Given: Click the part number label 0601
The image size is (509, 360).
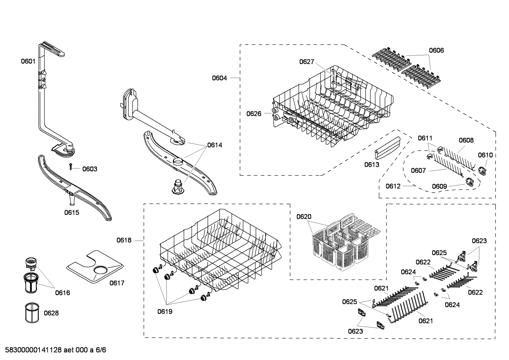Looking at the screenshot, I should [x=28, y=61].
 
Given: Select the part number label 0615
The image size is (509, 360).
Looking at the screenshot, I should [x=72, y=212].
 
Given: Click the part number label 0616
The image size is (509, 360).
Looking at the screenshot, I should [x=62, y=293].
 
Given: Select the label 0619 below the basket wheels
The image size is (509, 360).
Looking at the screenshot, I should [x=165, y=312].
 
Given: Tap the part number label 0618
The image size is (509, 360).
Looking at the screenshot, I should [x=124, y=240].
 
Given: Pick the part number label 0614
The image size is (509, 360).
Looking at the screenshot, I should [x=215, y=145].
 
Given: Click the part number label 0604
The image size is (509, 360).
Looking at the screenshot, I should [x=219, y=78].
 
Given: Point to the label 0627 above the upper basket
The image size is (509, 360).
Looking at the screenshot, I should [x=306, y=62].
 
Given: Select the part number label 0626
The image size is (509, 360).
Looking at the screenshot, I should [x=254, y=113].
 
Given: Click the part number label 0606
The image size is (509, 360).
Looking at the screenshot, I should [x=436, y=51].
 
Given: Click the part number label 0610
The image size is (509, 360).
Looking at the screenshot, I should [x=485, y=155].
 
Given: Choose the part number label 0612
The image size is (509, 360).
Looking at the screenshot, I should [x=393, y=186].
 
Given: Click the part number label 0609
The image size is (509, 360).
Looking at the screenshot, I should [x=439, y=186].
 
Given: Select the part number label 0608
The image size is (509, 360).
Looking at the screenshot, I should [x=466, y=140].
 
